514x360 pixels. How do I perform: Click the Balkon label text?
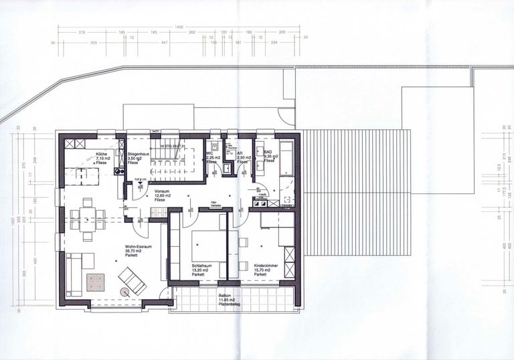point(226,299)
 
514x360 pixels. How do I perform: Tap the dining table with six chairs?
point(88,215)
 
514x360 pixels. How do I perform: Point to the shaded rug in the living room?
point(95,282)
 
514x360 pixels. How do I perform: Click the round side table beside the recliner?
point(124,292)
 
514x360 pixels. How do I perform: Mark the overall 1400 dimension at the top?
point(179,27)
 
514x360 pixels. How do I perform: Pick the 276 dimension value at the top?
point(83,32)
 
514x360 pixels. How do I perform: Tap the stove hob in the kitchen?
point(119,171)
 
